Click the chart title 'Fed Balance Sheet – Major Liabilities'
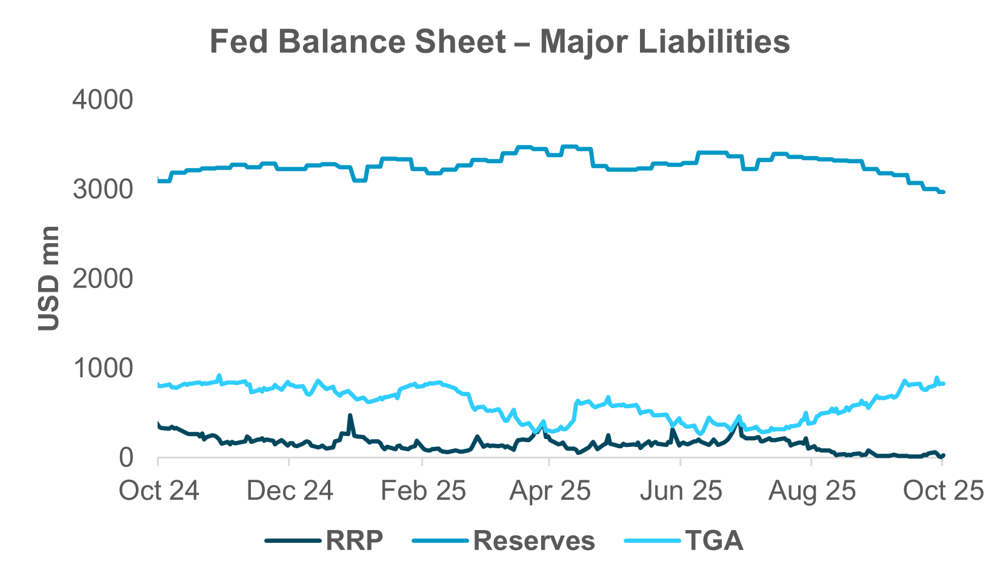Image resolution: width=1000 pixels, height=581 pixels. [499, 42]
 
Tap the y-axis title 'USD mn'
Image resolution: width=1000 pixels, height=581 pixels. [48, 278]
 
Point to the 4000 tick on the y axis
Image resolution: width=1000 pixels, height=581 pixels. [102, 100]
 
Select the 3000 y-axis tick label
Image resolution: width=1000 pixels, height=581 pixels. [102, 190]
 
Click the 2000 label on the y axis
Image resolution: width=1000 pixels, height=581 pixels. [102, 279]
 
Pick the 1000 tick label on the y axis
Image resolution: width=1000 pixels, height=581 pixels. [102, 368]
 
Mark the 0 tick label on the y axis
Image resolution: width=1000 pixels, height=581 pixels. [125, 458]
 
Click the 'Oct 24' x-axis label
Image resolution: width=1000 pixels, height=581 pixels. [159, 490]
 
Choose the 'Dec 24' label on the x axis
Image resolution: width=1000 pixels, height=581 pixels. [290, 490]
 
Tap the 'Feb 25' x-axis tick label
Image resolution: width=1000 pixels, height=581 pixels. [422, 490]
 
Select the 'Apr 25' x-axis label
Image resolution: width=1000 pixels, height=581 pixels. [550, 490]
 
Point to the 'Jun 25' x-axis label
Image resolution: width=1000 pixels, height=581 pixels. [681, 490]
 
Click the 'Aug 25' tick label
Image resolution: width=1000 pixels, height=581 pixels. [812, 490]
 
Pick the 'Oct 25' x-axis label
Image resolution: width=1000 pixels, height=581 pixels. [942, 490]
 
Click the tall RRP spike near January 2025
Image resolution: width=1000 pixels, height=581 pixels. [350, 416]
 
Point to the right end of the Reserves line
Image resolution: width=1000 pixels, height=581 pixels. [943, 192]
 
